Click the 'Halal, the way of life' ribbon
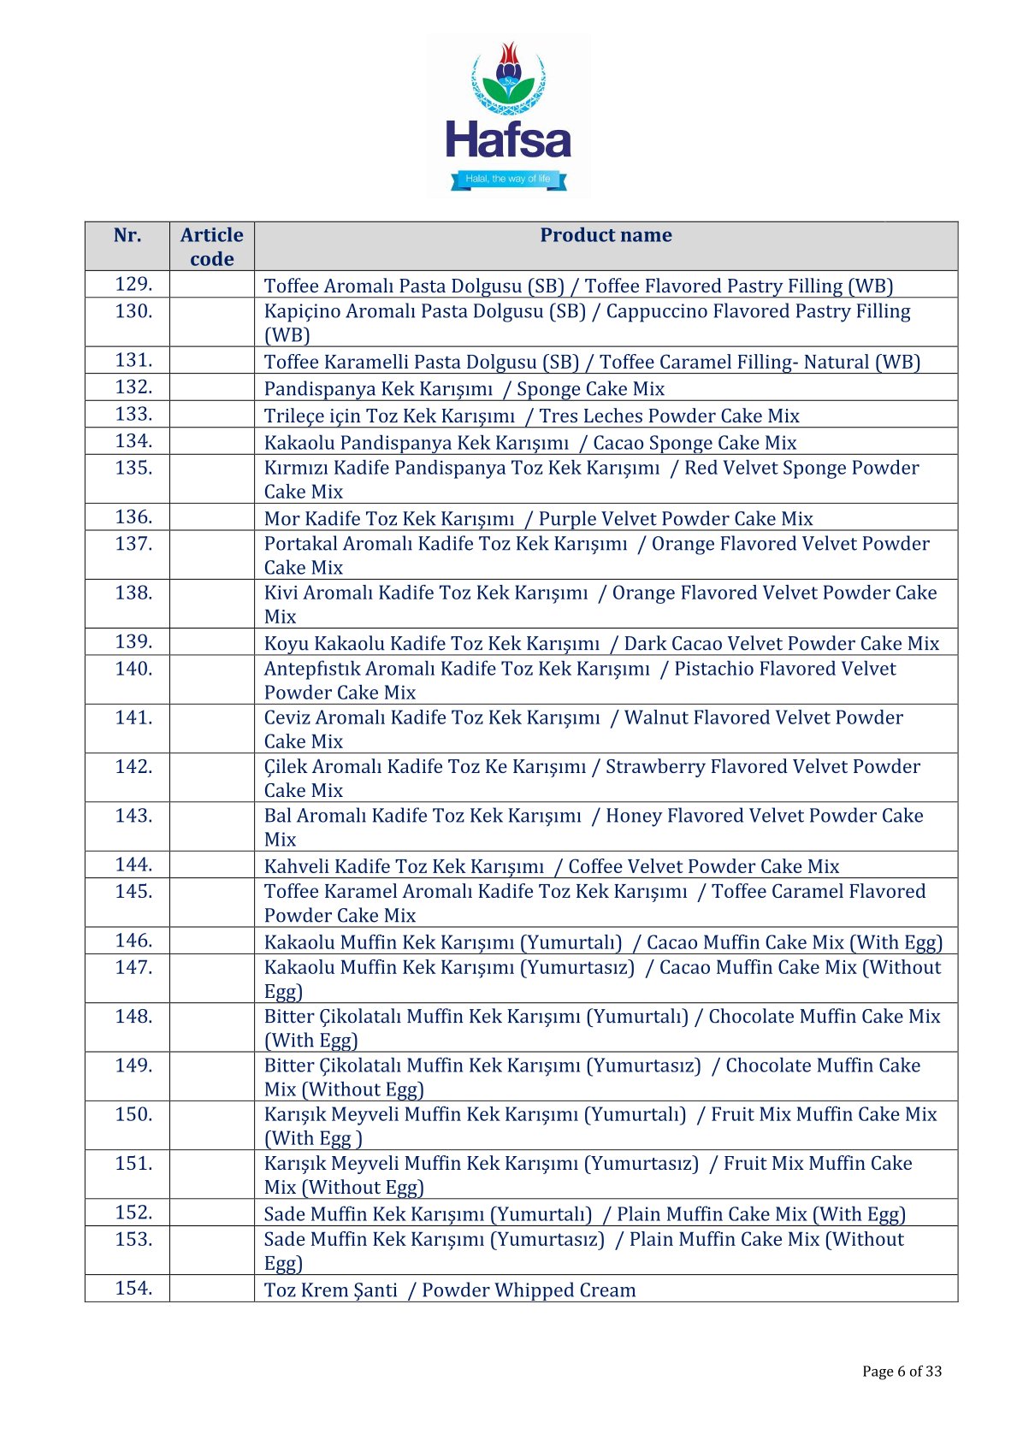point(508,179)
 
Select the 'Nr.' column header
point(127,236)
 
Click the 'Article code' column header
point(211,247)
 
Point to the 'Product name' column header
point(606,236)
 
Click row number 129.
point(133,285)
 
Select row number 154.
point(133,1289)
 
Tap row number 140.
point(133,669)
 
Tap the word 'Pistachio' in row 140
point(716,669)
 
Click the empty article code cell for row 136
point(211,517)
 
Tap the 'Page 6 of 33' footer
point(902,1372)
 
